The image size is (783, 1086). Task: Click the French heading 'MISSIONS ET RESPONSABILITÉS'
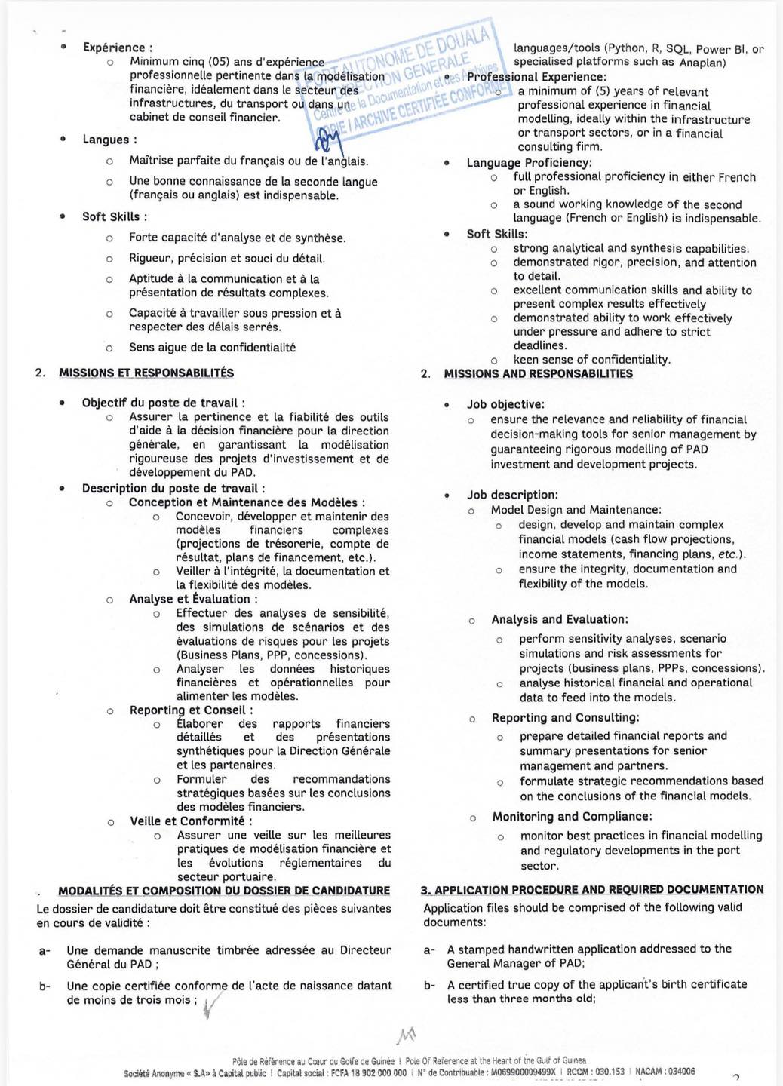[x=146, y=373]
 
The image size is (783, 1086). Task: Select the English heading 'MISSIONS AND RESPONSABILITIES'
[x=538, y=373]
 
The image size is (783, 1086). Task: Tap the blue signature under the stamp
[x=327, y=140]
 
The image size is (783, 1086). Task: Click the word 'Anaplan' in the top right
[x=702, y=63]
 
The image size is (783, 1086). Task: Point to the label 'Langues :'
[x=109, y=140]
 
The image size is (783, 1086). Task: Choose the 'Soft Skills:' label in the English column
[x=496, y=234]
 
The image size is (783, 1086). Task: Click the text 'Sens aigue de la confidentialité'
[x=212, y=348]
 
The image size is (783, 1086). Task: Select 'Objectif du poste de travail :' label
[x=163, y=403]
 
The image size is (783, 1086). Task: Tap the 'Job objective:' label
[x=505, y=404]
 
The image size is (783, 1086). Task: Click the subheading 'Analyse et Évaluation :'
[x=193, y=599]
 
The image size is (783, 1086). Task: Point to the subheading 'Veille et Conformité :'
[x=191, y=821]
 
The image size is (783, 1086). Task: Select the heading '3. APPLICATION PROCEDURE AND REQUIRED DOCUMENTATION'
[x=592, y=890]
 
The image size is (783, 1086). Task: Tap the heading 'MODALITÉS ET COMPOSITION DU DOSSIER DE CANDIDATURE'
[x=224, y=891]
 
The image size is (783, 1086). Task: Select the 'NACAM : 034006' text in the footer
[x=665, y=1072]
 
